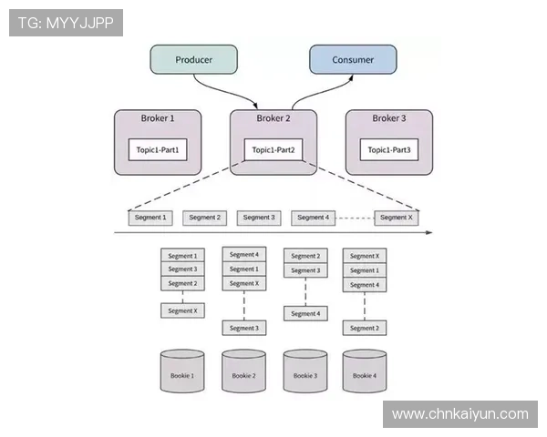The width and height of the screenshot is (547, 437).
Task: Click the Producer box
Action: pyautogui.click(x=193, y=60)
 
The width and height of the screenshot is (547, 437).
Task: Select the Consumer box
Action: pyautogui.click(x=353, y=60)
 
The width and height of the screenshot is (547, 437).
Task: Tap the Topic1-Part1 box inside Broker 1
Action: pyautogui.click(x=158, y=149)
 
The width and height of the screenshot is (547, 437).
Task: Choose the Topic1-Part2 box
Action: pyautogui.click(x=273, y=149)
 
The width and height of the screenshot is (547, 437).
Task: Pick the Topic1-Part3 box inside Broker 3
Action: pyautogui.click(x=389, y=149)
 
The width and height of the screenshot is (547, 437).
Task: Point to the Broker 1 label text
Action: pyautogui.click(x=158, y=118)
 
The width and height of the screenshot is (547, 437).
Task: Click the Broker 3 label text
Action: pyautogui.click(x=389, y=118)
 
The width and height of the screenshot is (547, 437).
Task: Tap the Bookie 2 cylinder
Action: pyautogui.click(x=243, y=373)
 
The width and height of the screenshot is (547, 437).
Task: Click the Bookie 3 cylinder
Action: pyautogui.click(x=305, y=373)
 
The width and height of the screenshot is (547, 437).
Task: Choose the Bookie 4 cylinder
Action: pyautogui.click(x=364, y=373)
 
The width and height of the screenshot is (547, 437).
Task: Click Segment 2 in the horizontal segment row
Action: pyautogui.click(x=204, y=218)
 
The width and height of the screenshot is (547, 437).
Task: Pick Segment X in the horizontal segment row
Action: pyautogui.click(x=396, y=218)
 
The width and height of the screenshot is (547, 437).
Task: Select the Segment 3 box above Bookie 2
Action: pyautogui.click(x=243, y=328)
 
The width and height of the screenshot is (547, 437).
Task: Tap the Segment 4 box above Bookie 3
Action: pyautogui.click(x=305, y=313)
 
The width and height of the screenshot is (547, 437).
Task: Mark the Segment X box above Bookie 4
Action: pyautogui.click(x=364, y=256)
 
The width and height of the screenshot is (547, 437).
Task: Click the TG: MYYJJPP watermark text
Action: pyautogui.click(x=66, y=23)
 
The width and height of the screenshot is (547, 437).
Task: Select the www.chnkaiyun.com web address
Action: pyautogui.click(x=459, y=414)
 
